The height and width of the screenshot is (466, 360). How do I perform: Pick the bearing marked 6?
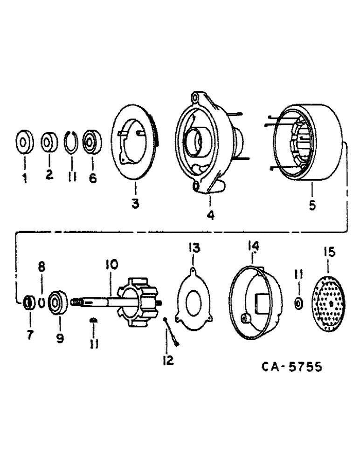tap(91, 142)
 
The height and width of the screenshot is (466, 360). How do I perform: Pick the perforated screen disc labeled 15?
tap(331, 303)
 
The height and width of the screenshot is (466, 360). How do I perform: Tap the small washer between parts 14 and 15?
tap(298, 304)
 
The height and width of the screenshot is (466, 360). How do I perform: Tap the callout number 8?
tap(41, 267)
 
